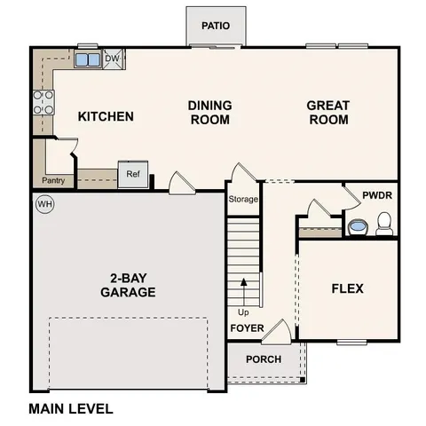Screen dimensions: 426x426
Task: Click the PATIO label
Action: coord(215,26)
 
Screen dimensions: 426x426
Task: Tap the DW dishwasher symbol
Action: coord(112,59)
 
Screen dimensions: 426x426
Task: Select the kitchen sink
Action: coord(88,60)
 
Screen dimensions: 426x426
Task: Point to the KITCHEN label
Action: coord(106,117)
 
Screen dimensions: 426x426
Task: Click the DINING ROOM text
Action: coord(209,113)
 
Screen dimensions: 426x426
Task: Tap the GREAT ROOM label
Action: coord(327,113)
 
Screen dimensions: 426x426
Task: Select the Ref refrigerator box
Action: coord(132,174)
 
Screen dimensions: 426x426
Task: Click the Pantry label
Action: coord(52,181)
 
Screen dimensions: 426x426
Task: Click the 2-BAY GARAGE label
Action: coord(128,284)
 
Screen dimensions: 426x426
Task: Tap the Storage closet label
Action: coord(242,199)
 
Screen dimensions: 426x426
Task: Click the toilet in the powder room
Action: coord(384,228)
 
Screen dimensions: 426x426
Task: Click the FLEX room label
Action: coord(347,289)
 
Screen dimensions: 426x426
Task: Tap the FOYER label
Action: coord(248,328)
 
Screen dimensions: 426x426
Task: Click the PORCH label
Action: coord(264,359)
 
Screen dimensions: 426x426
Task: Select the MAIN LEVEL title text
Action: coord(71,409)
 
